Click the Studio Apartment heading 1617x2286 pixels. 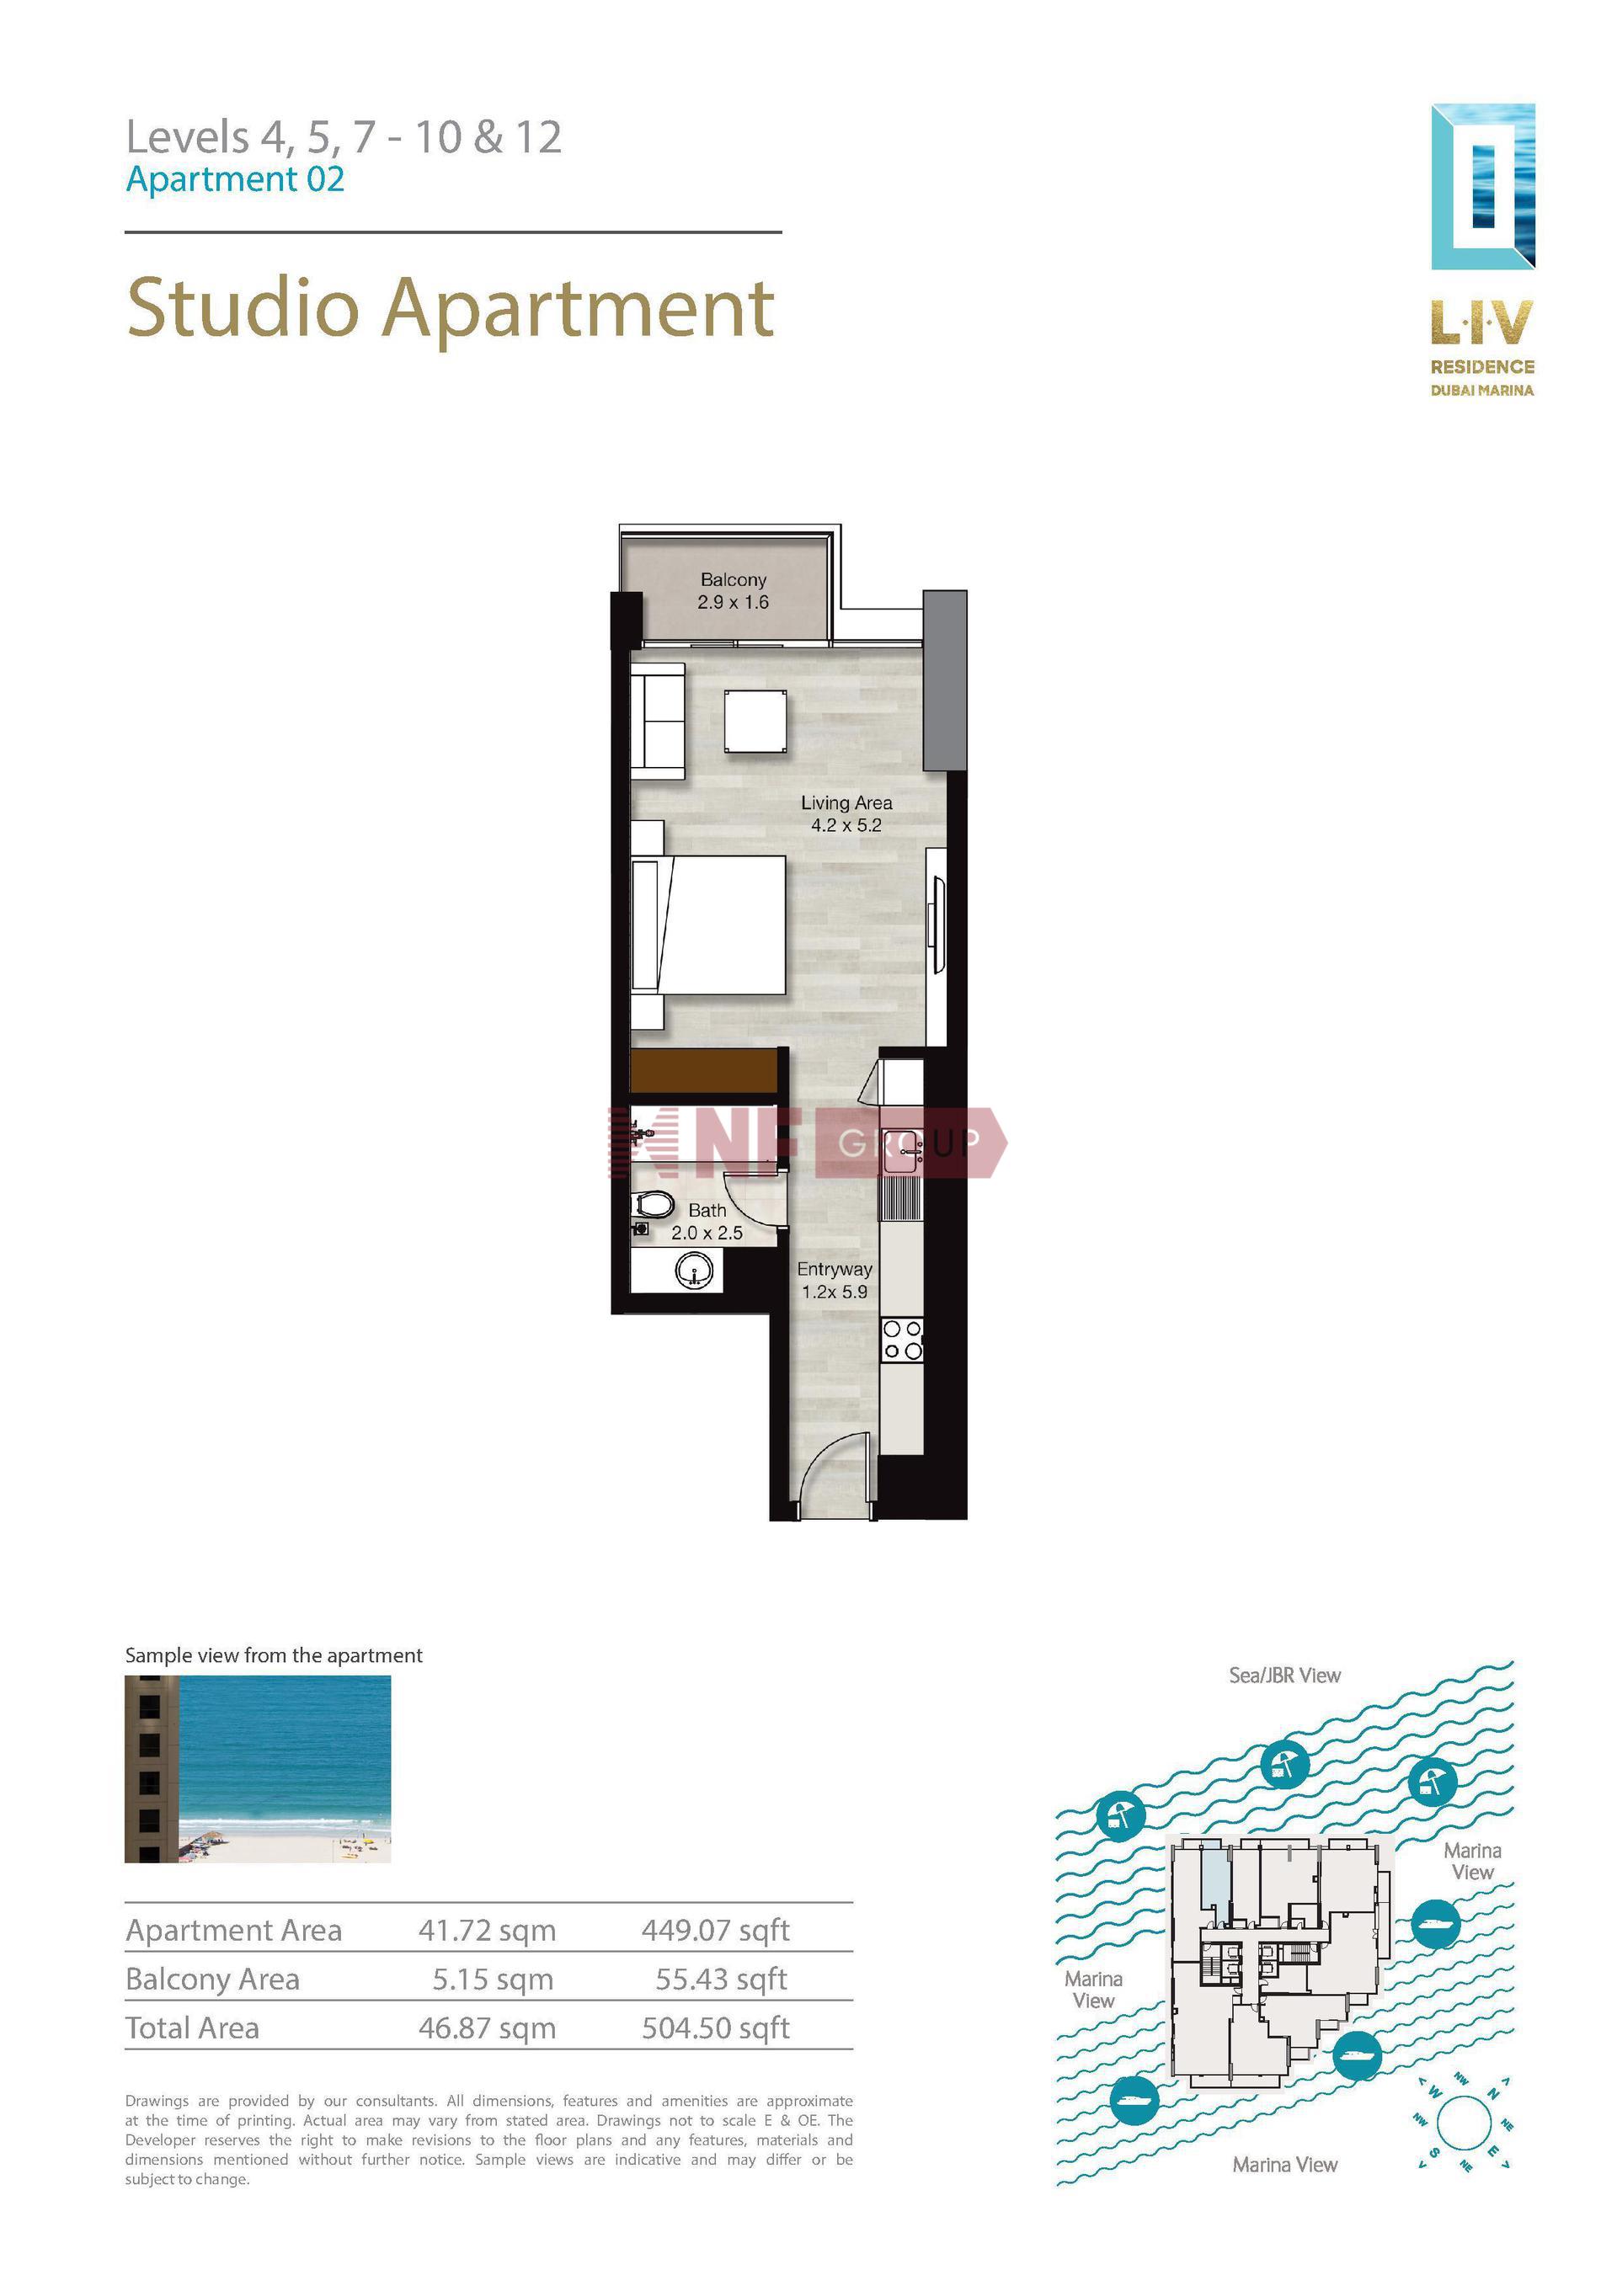pos(451,310)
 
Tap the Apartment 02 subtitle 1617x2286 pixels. pos(235,179)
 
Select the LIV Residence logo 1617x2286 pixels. pos(1482,250)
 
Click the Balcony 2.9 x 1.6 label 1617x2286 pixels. pos(733,590)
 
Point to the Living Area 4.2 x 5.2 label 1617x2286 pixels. pos(846,813)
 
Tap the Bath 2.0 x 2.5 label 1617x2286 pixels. pos(707,1222)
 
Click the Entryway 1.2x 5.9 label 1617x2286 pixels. pos(835,1281)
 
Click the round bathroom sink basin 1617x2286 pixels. pos(693,1271)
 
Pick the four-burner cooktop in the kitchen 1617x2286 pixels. pos(902,1339)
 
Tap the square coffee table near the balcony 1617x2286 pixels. pos(755,721)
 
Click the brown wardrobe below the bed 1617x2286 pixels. pos(704,1070)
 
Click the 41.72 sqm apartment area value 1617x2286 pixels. pos(487,1930)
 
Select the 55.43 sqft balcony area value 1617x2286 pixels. pos(721,1979)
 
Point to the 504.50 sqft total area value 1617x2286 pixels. pos(715,2028)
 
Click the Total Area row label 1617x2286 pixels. pos(192,2028)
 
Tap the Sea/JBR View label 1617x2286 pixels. pos(1284,1676)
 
